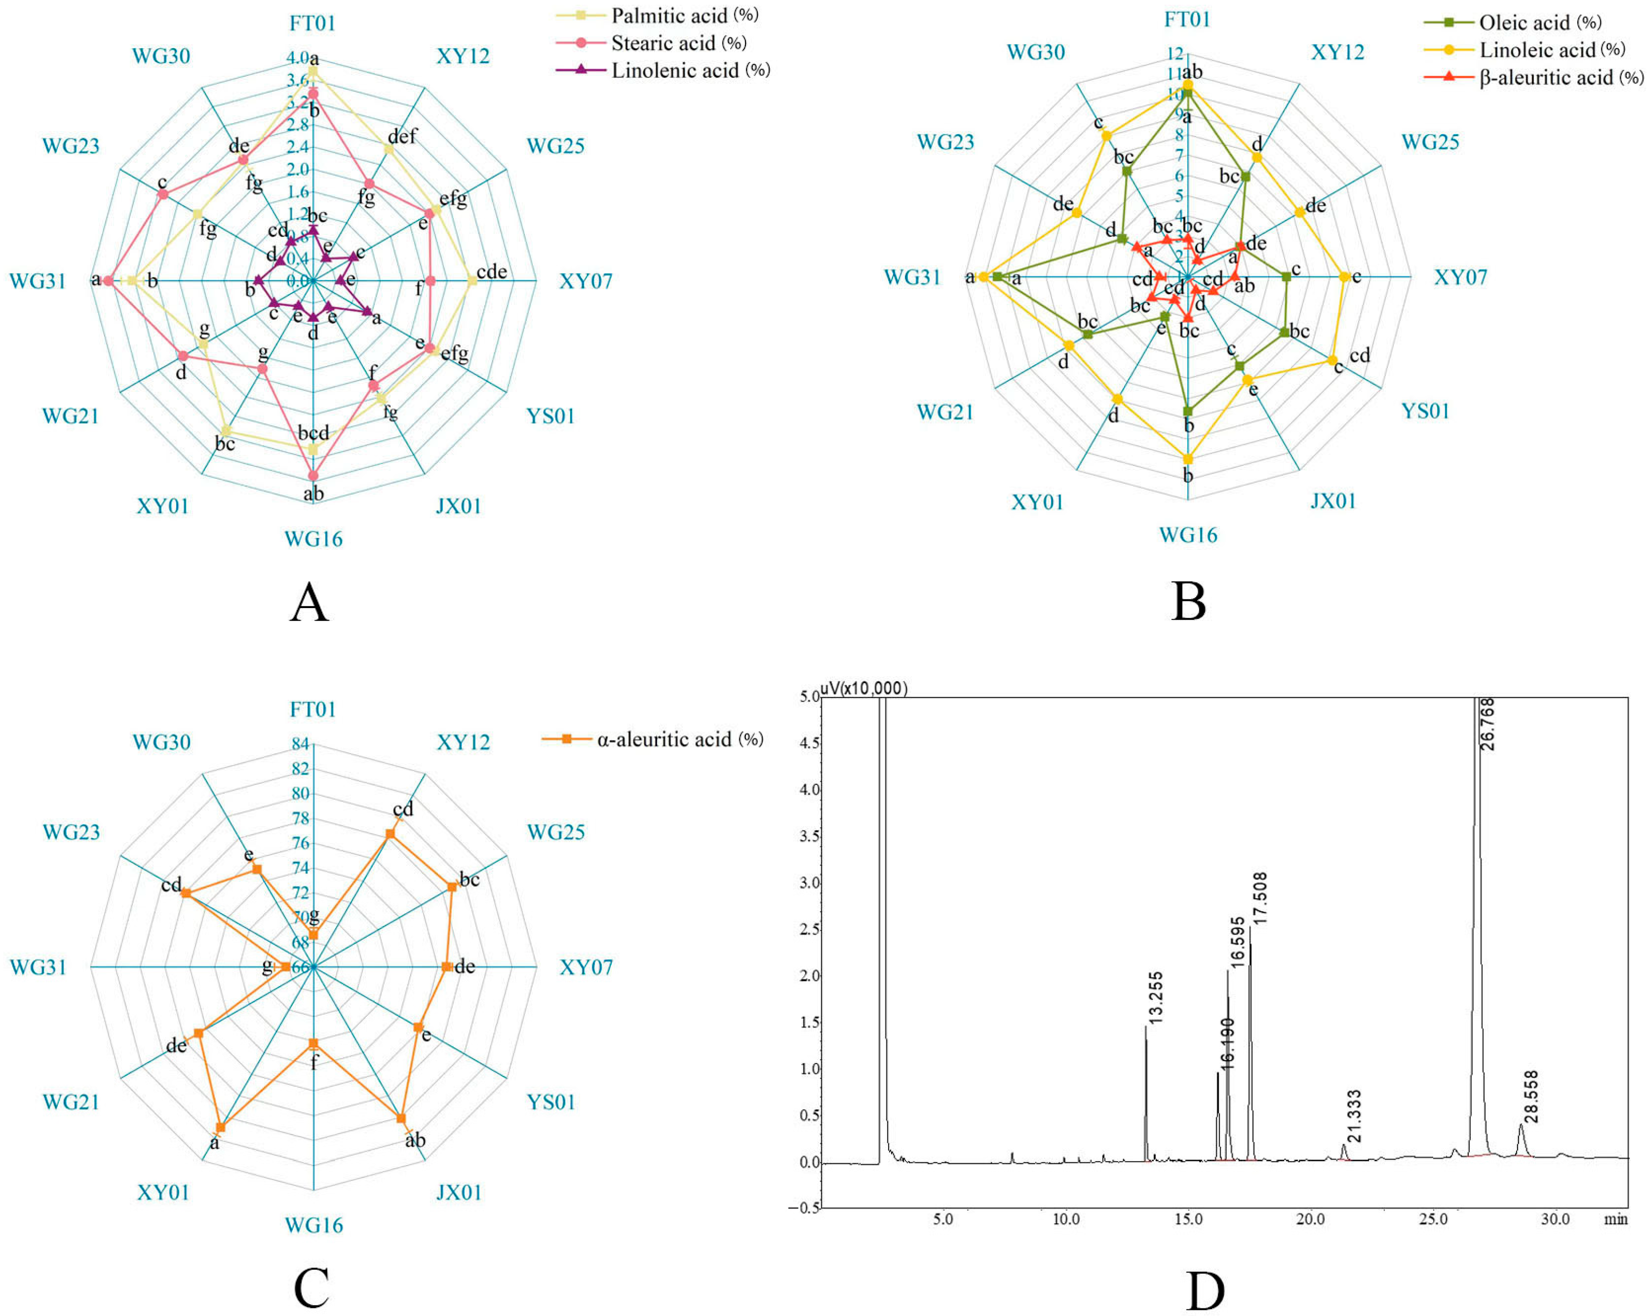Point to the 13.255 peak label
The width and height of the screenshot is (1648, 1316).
[1155, 997]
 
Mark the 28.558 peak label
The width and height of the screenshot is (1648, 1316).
[1530, 1097]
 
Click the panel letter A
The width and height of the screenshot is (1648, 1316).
[309, 602]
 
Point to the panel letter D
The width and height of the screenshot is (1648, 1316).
[1205, 1291]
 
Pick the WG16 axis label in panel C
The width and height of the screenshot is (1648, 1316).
[313, 1225]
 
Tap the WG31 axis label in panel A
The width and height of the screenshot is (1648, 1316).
[37, 281]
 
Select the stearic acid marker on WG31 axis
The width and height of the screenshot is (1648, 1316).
[108, 281]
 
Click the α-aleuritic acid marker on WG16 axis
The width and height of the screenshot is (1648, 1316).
[313, 1043]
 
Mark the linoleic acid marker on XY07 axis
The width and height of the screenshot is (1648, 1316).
[1345, 277]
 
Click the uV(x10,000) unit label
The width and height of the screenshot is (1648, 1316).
[864, 689]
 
